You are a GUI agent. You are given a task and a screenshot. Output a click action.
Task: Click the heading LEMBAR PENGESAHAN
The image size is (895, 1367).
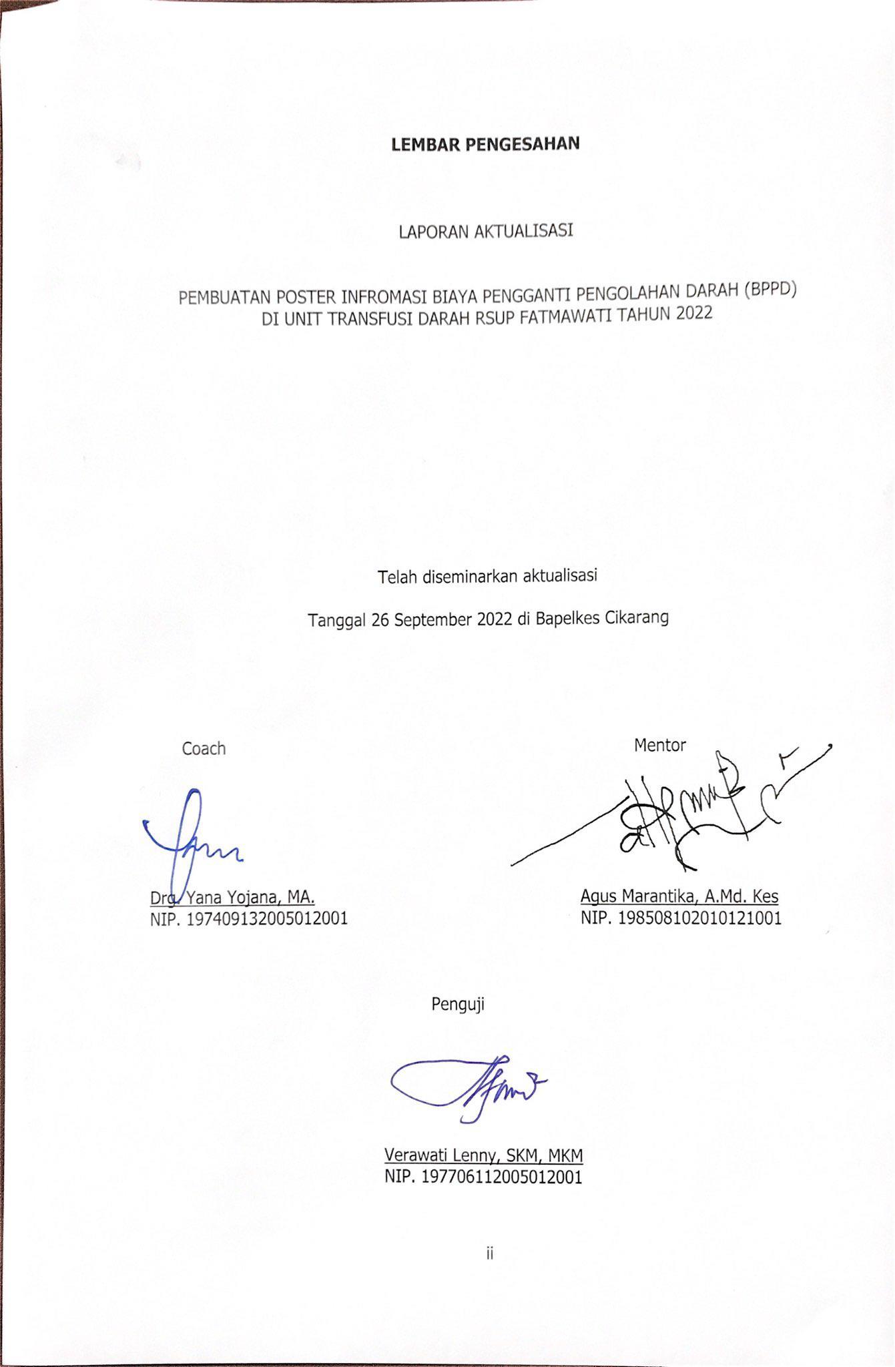point(485,144)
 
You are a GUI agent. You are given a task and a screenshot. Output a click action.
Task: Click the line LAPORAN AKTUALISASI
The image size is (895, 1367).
point(486,232)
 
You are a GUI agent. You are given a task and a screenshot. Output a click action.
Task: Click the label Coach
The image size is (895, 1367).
point(204,749)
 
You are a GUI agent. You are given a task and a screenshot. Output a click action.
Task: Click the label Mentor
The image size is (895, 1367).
point(659,745)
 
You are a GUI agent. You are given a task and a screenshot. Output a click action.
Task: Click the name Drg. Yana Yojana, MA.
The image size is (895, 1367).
point(232,896)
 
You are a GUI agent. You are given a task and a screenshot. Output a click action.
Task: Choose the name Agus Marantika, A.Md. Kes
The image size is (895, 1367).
point(679,896)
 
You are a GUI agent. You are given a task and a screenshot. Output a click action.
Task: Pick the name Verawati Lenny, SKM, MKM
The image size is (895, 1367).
point(484,1155)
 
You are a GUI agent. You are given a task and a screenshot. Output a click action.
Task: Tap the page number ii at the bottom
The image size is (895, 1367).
point(489,1254)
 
